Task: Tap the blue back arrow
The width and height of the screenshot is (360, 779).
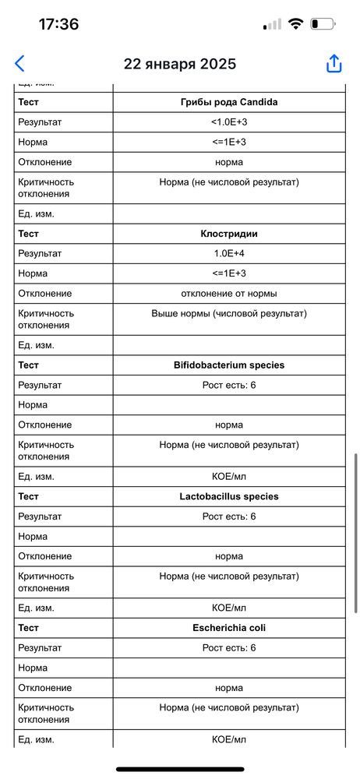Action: click(x=19, y=64)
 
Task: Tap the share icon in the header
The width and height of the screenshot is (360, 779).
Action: click(x=334, y=64)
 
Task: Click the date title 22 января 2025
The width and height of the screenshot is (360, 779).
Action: click(x=180, y=64)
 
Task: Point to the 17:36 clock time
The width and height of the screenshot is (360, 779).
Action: click(x=58, y=24)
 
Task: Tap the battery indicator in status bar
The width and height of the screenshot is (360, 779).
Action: click(x=322, y=24)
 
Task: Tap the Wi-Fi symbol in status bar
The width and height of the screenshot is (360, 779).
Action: click(x=295, y=24)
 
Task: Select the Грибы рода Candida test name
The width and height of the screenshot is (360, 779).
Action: click(x=228, y=102)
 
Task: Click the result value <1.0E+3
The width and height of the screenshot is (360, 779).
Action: click(x=228, y=122)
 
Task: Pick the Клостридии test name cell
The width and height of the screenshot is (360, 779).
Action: click(x=228, y=233)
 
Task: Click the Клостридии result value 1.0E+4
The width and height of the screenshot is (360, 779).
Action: click(x=228, y=253)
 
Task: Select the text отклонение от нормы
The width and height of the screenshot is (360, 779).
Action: click(x=228, y=293)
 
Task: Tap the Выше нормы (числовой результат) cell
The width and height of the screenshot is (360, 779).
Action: click(x=228, y=313)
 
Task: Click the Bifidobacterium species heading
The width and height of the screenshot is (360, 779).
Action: click(x=228, y=365)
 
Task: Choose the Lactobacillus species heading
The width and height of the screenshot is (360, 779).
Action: click(x=228, y=496)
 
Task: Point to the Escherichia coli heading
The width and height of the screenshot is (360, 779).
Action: click(x=228, y=627)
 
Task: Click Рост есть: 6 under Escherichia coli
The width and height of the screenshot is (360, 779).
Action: click(x=228, y=647)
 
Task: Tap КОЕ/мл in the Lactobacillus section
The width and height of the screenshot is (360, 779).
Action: click(x=228, y=608)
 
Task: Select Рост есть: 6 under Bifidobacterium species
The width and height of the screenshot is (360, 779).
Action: click(x=228, y=385)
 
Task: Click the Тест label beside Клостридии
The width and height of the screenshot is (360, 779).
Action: click(x=28, y=233)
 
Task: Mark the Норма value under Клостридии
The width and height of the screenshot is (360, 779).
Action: click(x=228, y=273)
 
